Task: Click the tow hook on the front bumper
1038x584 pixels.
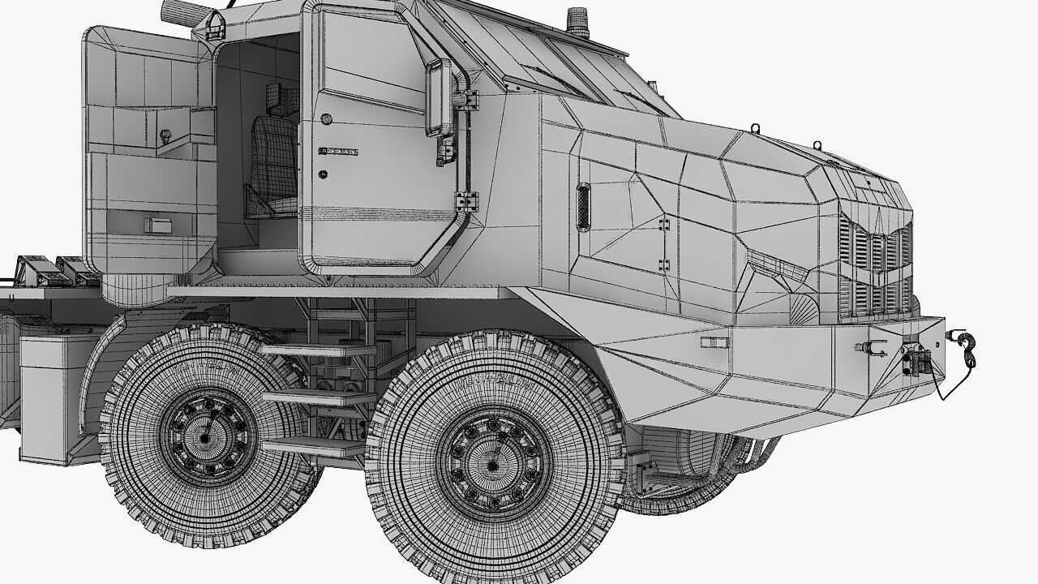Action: pyautogui.click(x=966, y=346)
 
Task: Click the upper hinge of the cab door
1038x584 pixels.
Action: pyautogui.click(x=466, y=100)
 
